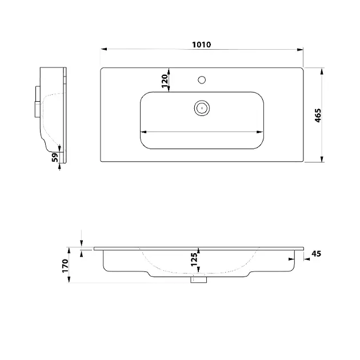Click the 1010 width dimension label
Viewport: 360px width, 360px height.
click(201, 45)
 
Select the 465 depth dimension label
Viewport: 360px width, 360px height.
click(318, 115)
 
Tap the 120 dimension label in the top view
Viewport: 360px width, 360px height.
click(165, 81)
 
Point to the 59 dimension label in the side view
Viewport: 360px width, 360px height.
click(55, 158)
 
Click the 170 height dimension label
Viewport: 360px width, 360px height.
click(66, 266)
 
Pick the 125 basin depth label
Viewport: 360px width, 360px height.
click(194, 259)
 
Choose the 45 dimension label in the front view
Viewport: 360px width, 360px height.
click(316, 254)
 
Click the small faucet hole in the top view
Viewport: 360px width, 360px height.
click(202, 80)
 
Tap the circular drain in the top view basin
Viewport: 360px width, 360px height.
click(202, 108)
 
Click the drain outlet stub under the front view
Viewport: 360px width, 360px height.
click(199, 279)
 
